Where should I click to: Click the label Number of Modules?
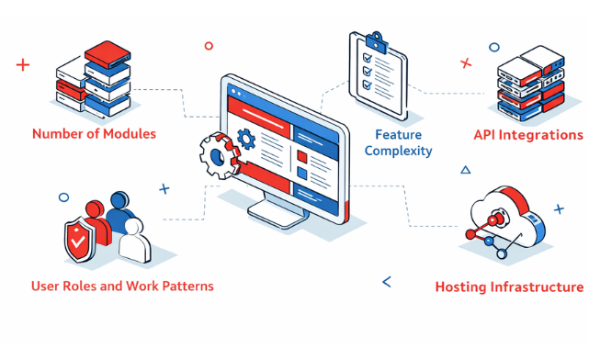tap(94, 134)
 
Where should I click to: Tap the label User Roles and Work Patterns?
tap(122, 286)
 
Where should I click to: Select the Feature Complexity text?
tap(397, 142)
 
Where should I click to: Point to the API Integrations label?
tap(527, 135)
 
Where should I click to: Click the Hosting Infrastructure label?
tap(508, 287)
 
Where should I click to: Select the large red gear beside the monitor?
tap(218, 157)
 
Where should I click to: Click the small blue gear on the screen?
tap(245, 140)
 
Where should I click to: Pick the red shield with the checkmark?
tap(79, 242)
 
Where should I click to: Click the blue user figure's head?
tap(119, 199)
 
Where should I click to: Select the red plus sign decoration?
tap(23, 64)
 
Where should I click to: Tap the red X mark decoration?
tap(466, 63)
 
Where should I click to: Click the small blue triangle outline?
tap(465, 170)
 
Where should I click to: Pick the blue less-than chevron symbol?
tap(386, 282)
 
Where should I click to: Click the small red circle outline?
tap(209, 45)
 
